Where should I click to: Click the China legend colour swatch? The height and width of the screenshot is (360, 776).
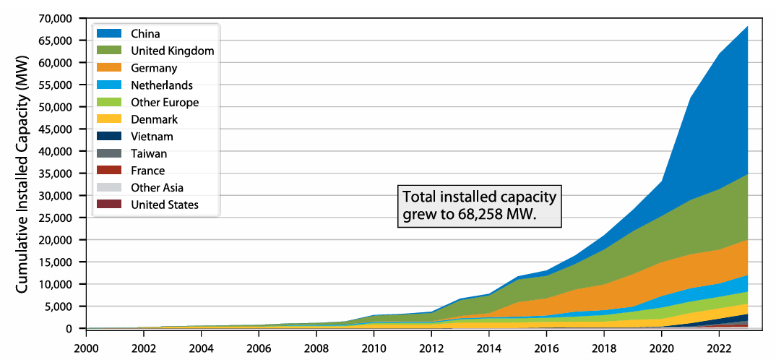[109, 34]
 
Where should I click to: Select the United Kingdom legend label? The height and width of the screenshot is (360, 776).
[173, 51]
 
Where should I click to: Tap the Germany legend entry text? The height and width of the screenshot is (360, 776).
[154, 68]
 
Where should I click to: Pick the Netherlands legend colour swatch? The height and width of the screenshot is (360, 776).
[109, 85]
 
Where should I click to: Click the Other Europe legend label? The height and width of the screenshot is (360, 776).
[165, 103]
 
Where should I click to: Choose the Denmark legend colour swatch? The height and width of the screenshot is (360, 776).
[109, 119]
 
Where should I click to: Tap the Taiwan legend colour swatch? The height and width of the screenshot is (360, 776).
[109, 153]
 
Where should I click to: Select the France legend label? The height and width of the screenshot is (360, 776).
[148, 171]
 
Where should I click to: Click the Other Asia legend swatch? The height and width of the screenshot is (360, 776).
[109, 188]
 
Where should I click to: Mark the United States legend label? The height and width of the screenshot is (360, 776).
[165, 205]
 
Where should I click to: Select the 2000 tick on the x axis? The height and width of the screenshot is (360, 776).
[86, 346]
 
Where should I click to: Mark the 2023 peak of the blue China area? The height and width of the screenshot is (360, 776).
[748, 26]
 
